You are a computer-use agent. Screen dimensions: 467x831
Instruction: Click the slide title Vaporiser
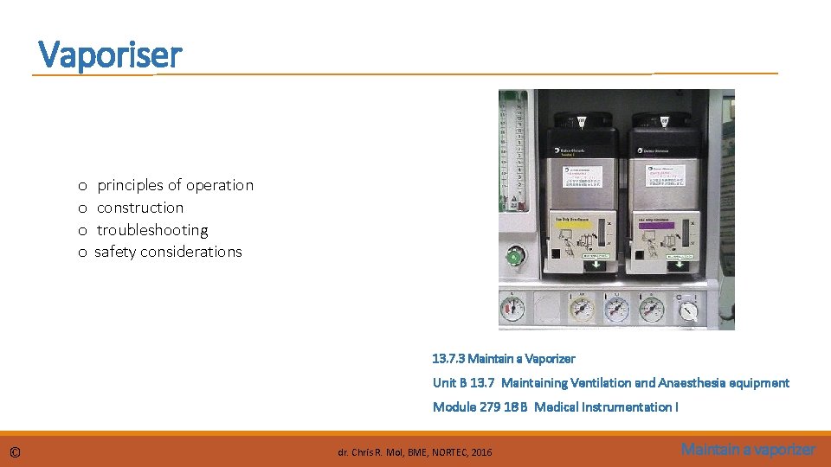click(x=111, y=55)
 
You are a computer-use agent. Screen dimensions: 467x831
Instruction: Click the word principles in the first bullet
click(x=131, y=185)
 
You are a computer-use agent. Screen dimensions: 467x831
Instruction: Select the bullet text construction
click(x=140, y=208)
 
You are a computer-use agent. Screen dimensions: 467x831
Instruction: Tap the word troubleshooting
click(x=152, y=230)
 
